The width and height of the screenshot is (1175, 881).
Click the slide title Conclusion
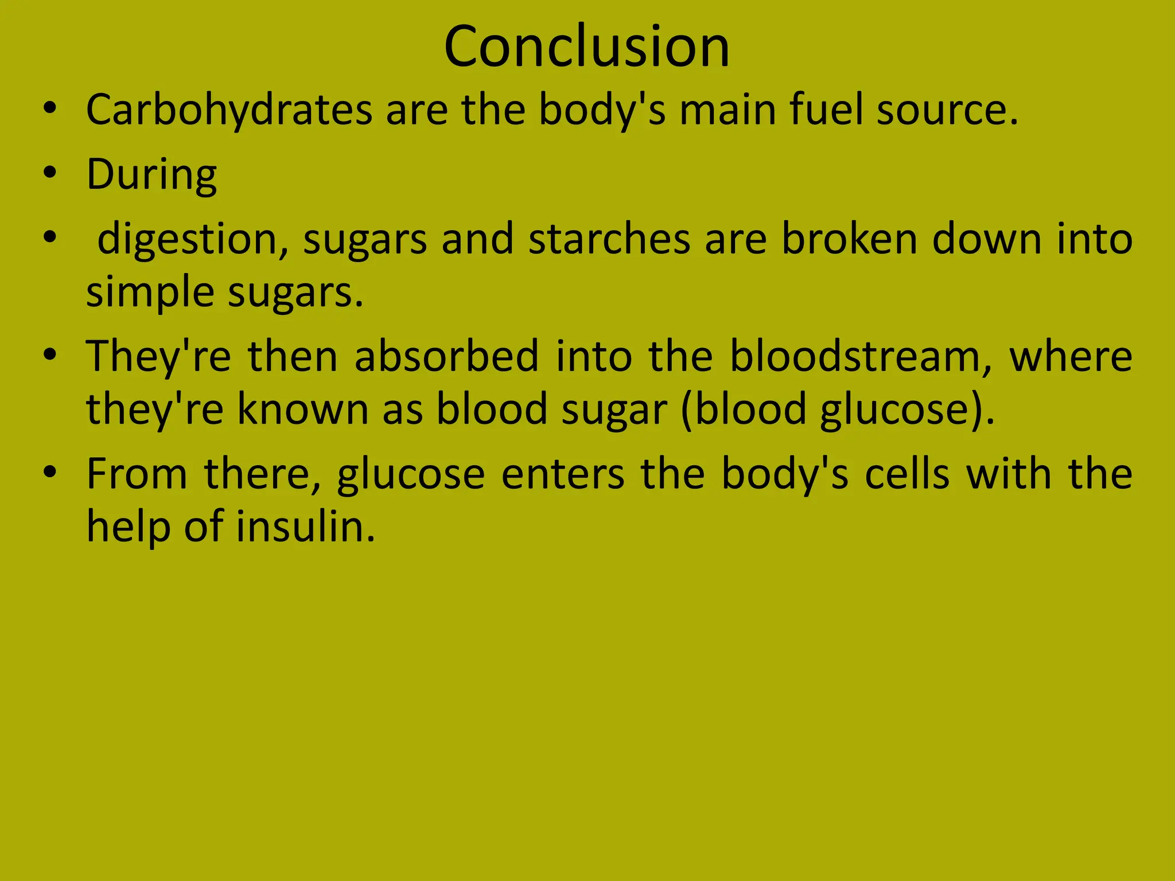tap(586, 47)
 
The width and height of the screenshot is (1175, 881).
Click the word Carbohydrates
tap(229, 110)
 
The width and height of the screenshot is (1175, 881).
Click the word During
tap(151, 174)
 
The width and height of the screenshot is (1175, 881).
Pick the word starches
tap(609, 239)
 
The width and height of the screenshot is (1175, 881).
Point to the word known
tap(303, 409)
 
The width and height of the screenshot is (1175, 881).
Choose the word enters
tap(563, 474)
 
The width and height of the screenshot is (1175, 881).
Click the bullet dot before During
tap(50, 173)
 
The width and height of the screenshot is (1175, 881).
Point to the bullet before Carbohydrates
tap(50, 108)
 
